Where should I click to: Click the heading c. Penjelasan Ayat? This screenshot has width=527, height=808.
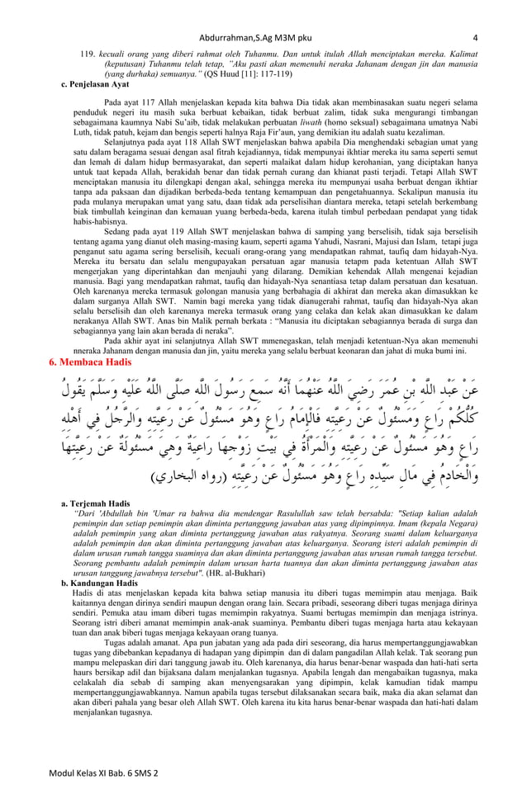(x=95, y=84)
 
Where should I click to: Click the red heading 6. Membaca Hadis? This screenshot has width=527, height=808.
(x=92, y=362)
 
